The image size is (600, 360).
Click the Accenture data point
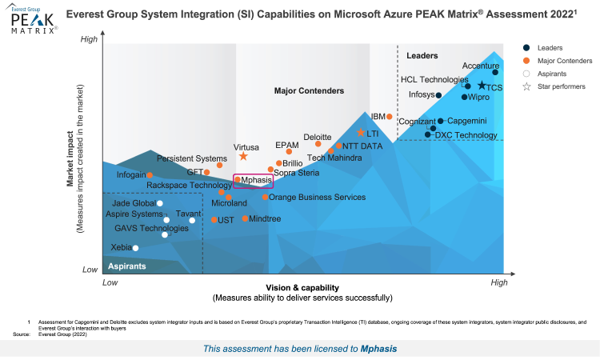[x=495, y=73]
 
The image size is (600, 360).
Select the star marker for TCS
[x=482, y=86]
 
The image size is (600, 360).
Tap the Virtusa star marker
[x=243, y=157]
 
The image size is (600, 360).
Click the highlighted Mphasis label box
[x=254, y=181]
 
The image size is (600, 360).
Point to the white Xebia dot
[x=135, y=248]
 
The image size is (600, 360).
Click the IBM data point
[x=390, y=117]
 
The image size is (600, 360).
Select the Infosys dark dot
[x=439, y=95]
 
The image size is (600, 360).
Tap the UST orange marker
[x=214, y=220]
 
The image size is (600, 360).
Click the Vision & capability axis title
[x=302, y=287]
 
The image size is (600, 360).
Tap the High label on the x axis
[x=498, y=283]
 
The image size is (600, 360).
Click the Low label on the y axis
[x=90, y=270]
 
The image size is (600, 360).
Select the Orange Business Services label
[x=317, y=197]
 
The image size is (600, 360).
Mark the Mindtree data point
[x=246, y=218]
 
